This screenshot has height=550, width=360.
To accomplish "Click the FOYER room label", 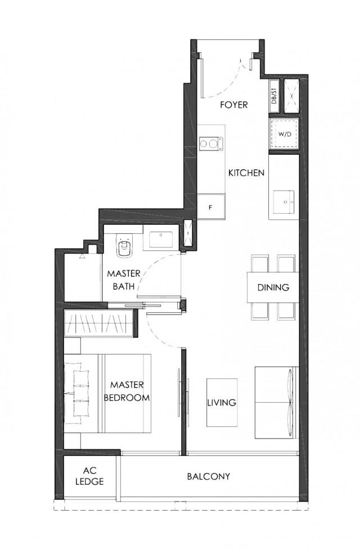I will click(234, 105).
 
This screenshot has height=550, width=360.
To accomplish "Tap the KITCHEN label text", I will click(246, 173).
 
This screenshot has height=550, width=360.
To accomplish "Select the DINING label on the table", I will click(273, 287).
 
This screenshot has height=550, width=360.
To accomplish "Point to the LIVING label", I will click(222, 403).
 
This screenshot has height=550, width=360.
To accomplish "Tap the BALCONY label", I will click(208, 476).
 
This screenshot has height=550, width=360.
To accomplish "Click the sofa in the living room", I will click(276, 403).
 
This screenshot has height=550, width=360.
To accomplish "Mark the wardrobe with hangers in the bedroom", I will click(99, 324).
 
